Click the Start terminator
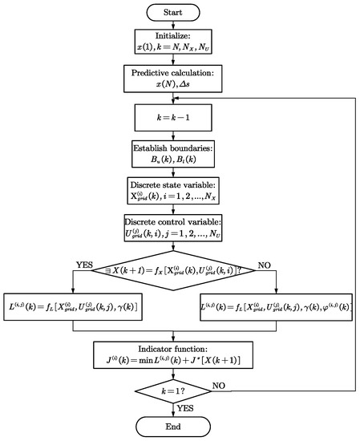click(x=180, y=13)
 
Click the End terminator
click(x=180, y=427)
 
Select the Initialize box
click(x=180, y=46)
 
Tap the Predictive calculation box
click(x=180, y=81)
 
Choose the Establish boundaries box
click(x=180, y=152)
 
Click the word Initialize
click(x=180, y=39)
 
